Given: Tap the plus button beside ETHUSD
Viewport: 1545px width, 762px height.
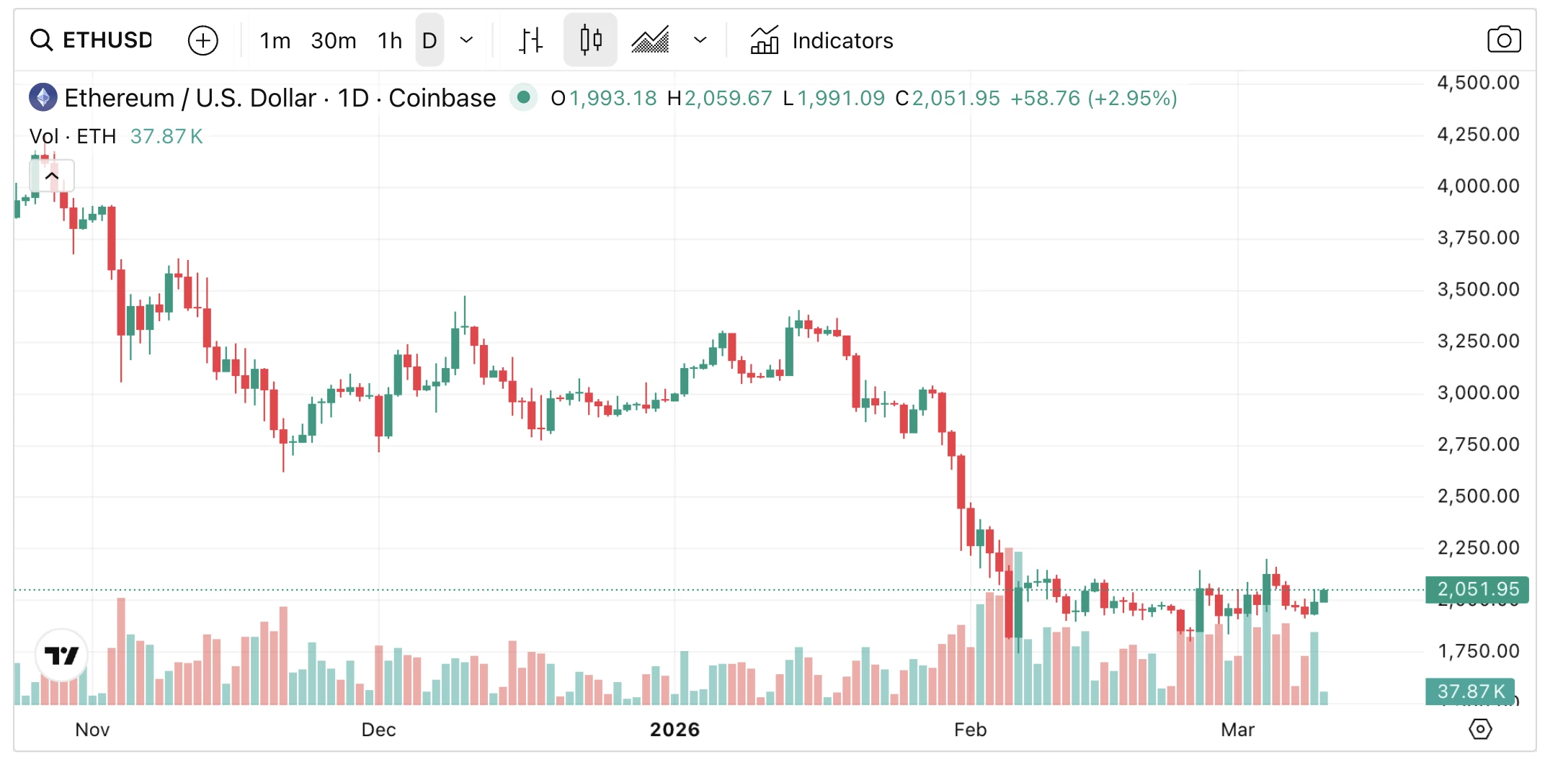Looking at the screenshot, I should coord(202,40).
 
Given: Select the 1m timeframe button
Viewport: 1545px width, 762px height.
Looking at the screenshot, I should coord(275,40).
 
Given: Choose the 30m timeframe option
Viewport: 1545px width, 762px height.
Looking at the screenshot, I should coord(333,40).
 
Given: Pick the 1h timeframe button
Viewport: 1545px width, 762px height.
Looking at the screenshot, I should coord(389,40).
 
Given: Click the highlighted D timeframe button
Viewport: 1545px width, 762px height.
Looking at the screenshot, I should coord(429,40).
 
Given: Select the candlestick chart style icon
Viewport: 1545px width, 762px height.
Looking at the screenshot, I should coord(590,40).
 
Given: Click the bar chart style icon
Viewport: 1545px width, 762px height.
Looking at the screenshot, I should coord(531,40).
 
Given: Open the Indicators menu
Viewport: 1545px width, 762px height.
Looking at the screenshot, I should coord(822,40).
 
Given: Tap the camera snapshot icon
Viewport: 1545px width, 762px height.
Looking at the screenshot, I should coord(1504,40).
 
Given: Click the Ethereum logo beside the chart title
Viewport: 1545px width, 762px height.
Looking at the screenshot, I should coord(43,97).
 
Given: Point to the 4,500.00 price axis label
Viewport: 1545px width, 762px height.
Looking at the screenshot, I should coord(1478,83).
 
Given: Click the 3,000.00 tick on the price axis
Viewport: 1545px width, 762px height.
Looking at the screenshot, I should coord(1478,393).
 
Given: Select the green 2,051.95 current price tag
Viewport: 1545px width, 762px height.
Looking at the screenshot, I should coord(1477,589).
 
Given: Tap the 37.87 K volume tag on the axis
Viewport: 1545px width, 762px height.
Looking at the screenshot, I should coord(1470,691).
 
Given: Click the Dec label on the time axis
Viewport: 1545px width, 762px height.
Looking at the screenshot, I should coord(378,730).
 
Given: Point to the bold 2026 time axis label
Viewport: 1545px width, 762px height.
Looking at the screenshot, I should coord(674,730).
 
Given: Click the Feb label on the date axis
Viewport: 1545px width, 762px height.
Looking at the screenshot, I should coord(970,730).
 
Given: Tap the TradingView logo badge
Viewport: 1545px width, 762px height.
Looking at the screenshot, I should coord(61,655).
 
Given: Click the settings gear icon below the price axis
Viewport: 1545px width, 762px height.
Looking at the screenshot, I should coord(1480,729).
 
